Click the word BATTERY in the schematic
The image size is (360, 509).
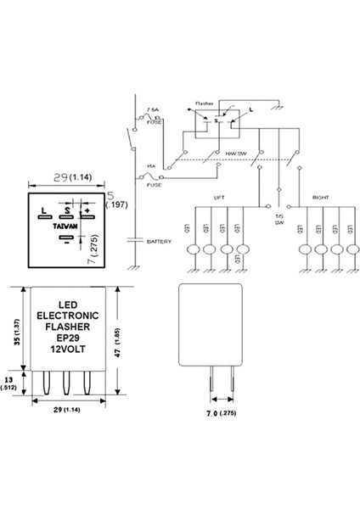[x=159, y=242]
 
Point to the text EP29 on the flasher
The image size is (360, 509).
[x=70, y=338]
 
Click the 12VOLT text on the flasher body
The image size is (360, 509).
[x=70, y=350]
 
